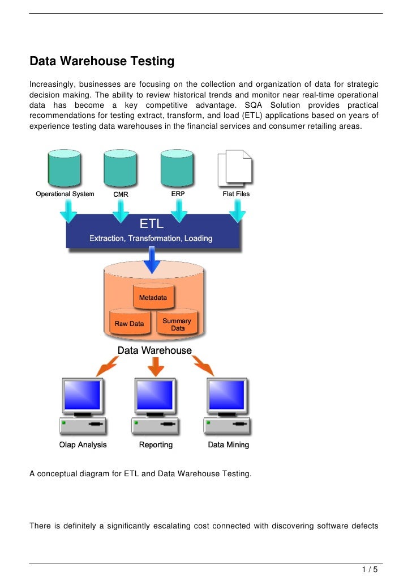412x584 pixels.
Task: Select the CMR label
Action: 121,194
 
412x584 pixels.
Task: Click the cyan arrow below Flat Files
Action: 237,211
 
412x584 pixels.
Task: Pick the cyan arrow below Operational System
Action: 68,211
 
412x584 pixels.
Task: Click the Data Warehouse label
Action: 154,350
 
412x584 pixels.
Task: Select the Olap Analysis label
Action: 83,445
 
